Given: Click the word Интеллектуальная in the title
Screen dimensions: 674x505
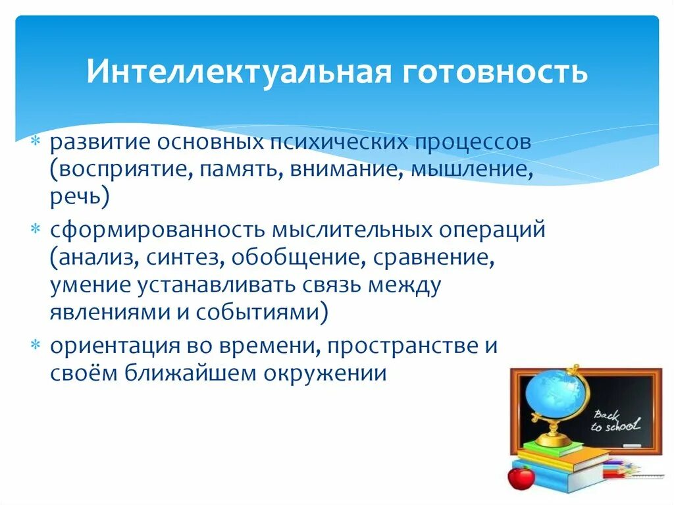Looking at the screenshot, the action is pyautogui.click(x=239, y=71).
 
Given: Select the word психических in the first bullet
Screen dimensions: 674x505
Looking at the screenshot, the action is pyautogui.click(x=338, y=143).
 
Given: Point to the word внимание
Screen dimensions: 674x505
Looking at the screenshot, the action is pyautogui.click(x=346, y=170).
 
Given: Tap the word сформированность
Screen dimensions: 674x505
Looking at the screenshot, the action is pyautogui.click(x=157, y=230).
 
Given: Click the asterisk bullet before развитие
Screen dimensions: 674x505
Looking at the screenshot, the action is pyautogui.click(x=36, y=141).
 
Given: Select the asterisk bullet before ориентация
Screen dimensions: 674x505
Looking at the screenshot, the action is pyautogui.click(x=36, y=345).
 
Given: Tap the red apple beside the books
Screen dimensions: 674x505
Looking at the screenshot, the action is pyautogui.click(x=521, y=478).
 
